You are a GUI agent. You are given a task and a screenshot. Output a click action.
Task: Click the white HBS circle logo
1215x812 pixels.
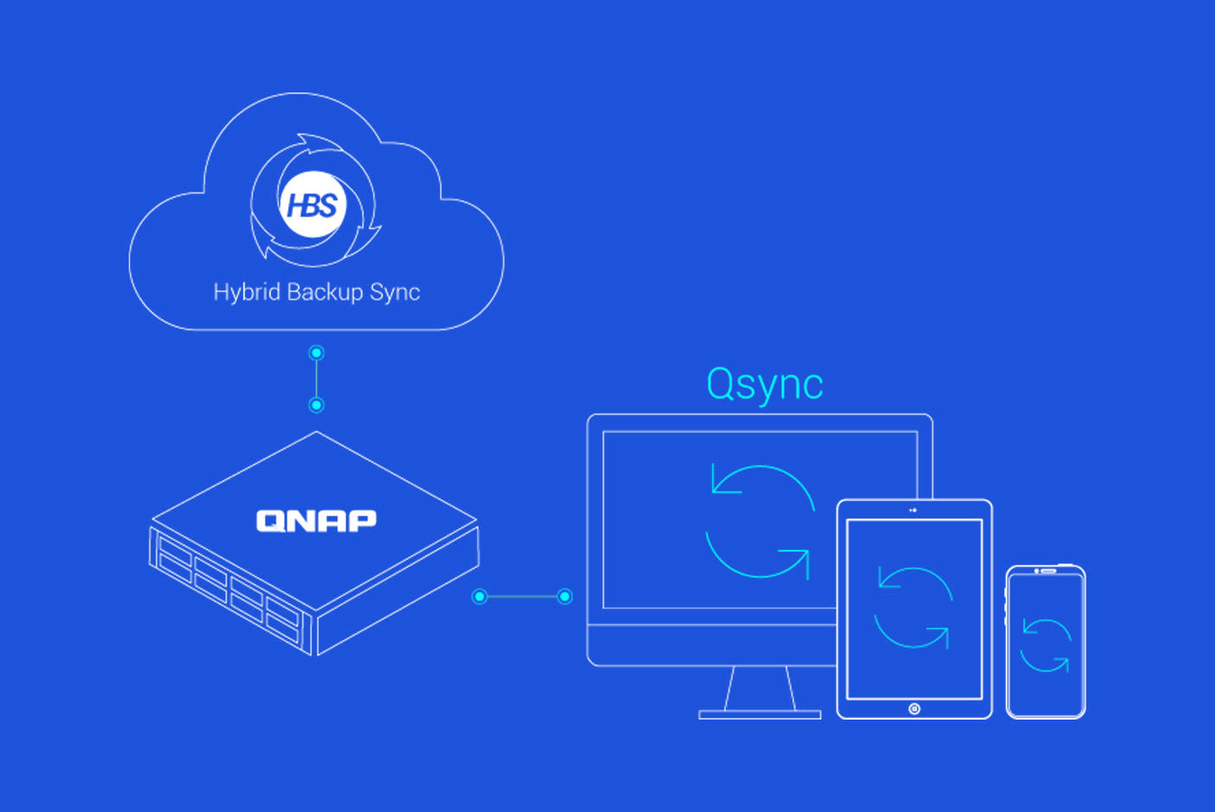(x=312, y=206)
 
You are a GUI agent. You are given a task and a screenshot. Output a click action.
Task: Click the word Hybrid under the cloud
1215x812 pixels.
(x=246, y=292)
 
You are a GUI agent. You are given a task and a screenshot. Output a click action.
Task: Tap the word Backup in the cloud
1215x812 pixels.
(x=324, y=292)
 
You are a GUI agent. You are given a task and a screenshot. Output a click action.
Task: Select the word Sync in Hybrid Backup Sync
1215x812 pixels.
(x=395, y=292)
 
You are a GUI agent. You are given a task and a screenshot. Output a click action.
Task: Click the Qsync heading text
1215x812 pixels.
(x=764, y=384)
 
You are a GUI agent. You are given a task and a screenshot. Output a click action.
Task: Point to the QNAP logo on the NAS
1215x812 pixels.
(x=316, y=520)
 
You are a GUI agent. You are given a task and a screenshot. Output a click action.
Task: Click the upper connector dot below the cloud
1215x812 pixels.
(x=316, y=352)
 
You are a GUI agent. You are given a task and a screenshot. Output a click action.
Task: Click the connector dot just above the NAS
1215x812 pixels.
(x=316, y=405)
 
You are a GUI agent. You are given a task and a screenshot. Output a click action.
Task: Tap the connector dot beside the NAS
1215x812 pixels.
(x=480, y=596)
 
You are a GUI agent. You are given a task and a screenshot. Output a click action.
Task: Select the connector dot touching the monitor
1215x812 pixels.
(x=564, y=596)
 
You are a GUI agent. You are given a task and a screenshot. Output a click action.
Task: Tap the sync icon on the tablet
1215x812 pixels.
(x=913, y=607)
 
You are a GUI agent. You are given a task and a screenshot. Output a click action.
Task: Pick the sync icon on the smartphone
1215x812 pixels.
(x=1046, y=645)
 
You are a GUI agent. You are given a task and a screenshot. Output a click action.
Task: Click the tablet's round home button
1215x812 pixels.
(x=914, y=708)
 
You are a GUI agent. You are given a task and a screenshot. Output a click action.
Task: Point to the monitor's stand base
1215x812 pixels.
(x=760, y=714)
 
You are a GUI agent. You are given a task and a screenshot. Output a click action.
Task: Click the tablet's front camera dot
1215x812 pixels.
(x=913, y=511)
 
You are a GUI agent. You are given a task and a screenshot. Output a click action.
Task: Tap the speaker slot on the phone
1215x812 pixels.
(x=1048, y=571)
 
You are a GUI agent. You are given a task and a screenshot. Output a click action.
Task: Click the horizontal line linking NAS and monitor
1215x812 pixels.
(x=522, y=596)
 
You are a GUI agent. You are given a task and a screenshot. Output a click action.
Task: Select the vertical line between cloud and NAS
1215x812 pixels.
(x=316, y=378)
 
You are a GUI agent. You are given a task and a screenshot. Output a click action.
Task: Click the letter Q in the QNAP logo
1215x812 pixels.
(x=269, y=520)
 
